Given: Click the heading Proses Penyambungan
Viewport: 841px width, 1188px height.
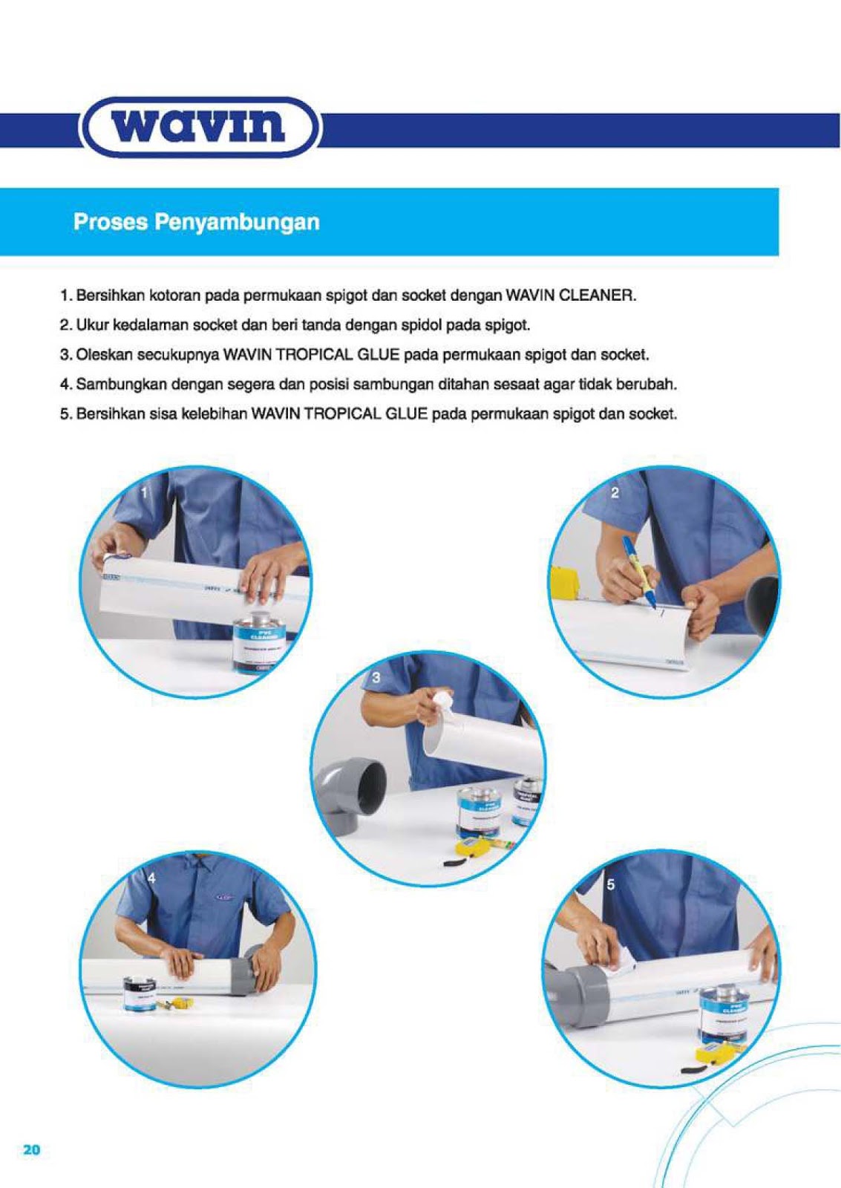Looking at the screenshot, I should tap(196, 222).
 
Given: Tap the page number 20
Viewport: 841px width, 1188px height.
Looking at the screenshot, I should tap(31, 1150).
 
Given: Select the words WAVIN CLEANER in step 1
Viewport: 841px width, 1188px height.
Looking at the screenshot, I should tap(570, 296).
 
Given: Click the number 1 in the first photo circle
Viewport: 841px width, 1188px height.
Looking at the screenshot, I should tap(144, 492).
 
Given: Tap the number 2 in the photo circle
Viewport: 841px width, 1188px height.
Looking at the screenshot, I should tap(615, 492).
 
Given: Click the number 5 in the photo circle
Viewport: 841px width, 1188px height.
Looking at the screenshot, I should tap(610, 884).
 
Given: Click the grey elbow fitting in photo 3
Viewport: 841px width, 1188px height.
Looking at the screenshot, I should tap(353, 794).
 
